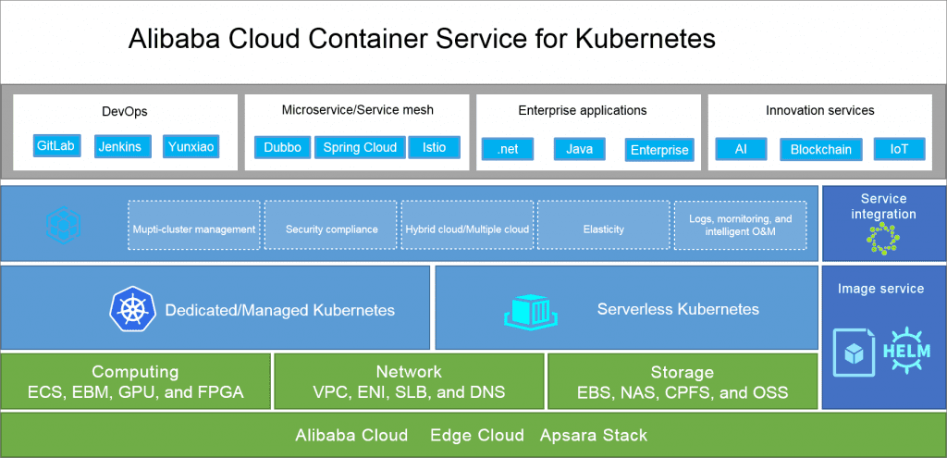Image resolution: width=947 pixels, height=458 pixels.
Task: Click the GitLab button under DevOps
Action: pyautogui.click(x=55, y=146)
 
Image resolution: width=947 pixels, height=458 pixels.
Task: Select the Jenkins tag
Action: pyautogui.click(x=123, y=146)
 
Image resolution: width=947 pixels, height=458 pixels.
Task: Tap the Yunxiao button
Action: pyautogui.click(x=191, y=146)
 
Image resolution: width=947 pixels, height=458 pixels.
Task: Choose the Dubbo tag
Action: pyautogui.click(x=282, y=147)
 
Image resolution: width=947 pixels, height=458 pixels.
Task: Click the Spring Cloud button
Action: pyautogui.click(x=360, y=147)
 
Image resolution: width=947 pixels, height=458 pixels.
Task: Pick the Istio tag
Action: pyautogui.click(x=434, y=147)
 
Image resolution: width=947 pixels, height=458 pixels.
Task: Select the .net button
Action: pyautogui.click(x=508, y=149)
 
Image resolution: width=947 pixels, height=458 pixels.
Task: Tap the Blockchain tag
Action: pyautogui.click(x=820, y=149)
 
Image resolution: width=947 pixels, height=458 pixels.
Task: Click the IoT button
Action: pyautogui.click(x=899, y=149)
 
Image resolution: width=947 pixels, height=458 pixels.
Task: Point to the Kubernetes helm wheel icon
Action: pyautogui.click(x=129, y=308)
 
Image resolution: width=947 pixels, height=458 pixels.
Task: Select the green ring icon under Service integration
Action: pyautogui.click(x=882, y=239)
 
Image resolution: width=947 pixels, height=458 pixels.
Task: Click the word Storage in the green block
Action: pyautogui.click(x=682, y=372)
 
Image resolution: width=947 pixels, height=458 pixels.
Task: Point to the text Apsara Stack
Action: pyautogui.click(x=594, y=435)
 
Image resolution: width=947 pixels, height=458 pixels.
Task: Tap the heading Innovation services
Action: pyautogui.click(x=819, y=110)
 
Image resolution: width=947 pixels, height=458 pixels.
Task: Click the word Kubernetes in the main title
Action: pyautogui.click(x=646, y=39)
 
